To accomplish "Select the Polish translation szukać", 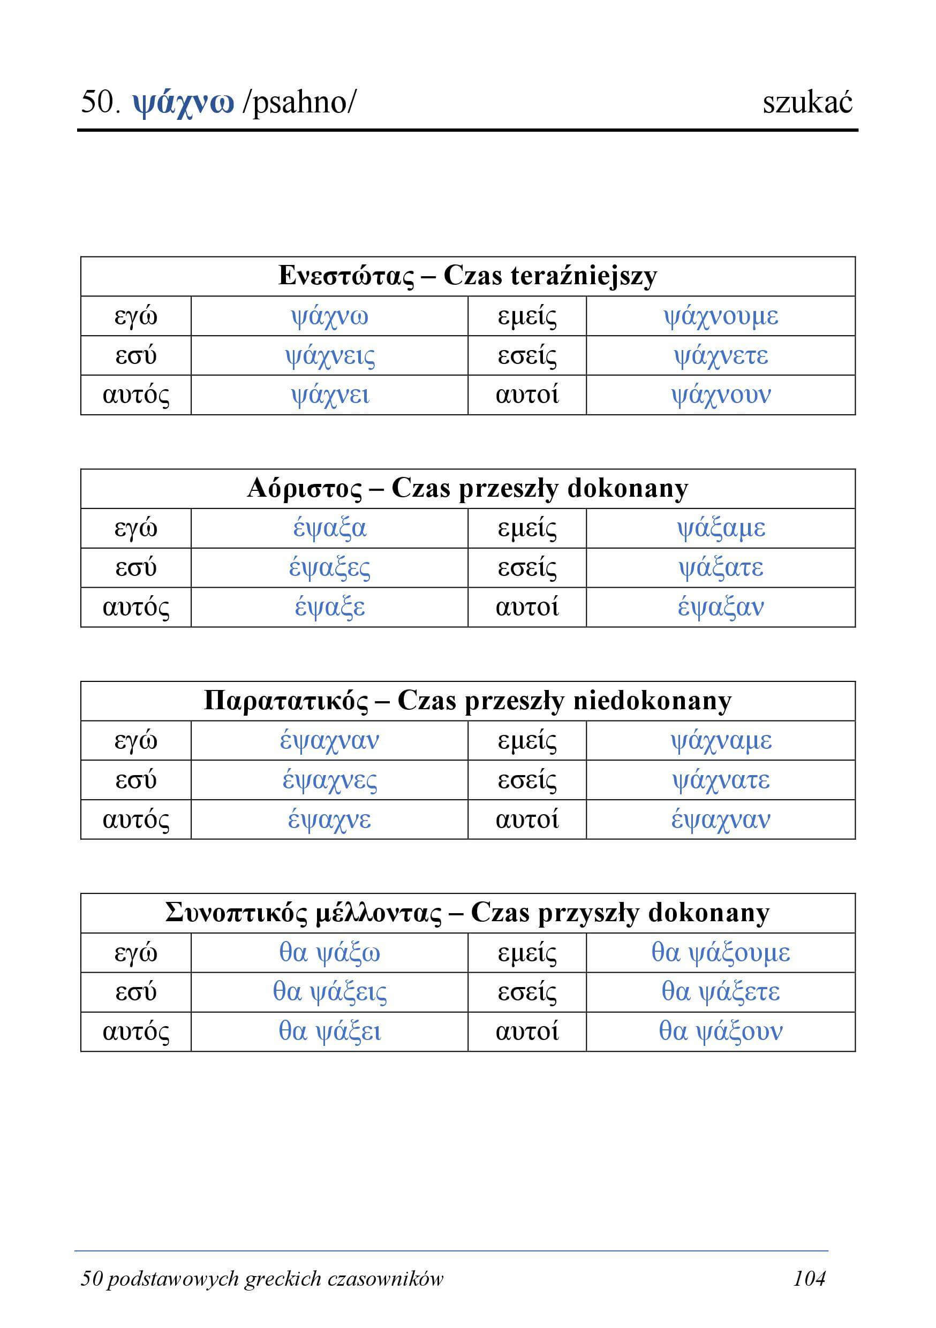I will pos(807,103).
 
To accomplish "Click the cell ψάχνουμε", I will pos(720,316).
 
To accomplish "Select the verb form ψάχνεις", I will pos(330,356).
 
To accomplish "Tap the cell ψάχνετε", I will pos(720,356).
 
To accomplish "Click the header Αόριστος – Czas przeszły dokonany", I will pos(467,489).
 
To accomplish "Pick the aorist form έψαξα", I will pos(330,528).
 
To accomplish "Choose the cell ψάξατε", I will pos(720,567).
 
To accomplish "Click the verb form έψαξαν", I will pos(720,608).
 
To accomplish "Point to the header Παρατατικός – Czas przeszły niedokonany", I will pos(467,701).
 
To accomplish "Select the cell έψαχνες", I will pos(330,780).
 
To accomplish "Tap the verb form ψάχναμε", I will pos(720,740).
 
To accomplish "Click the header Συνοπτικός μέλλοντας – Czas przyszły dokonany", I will pos(467,913).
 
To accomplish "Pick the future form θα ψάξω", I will pos(330,953).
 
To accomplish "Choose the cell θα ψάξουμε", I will pos(720,953).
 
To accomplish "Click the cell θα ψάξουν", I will pos(720,1032).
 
